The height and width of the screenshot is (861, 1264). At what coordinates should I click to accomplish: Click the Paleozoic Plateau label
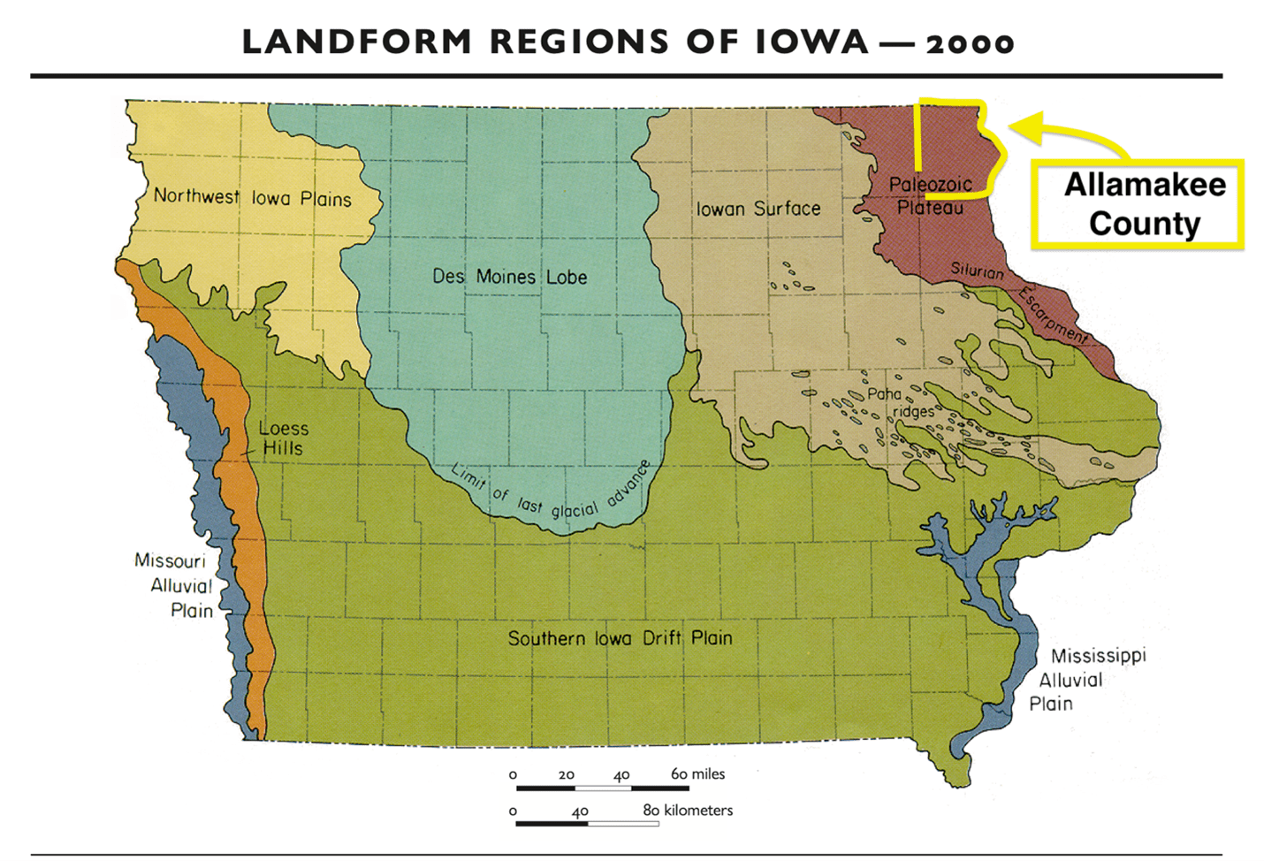930,195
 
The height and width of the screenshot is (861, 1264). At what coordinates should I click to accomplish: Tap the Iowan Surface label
758,209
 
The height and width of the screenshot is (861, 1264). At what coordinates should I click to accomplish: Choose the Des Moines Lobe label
509,277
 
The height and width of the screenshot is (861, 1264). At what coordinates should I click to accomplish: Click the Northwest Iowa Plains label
252,197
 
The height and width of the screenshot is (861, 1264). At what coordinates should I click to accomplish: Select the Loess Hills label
283,438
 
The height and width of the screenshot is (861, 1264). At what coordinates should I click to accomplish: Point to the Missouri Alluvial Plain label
174,585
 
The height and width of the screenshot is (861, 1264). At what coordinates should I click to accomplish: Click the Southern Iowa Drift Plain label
620,638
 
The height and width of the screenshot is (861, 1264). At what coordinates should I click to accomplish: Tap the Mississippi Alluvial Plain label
1087,679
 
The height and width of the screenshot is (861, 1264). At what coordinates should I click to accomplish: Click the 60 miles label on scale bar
697,773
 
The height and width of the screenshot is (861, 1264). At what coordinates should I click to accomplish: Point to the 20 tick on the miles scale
567,775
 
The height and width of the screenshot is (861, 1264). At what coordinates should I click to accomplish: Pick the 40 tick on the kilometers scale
580,811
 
